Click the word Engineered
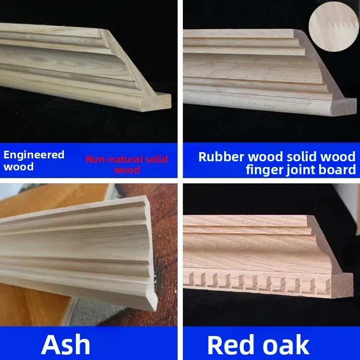tap(34, 155)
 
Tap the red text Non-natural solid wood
tap(127, 164)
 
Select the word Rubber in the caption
tap(221, 157)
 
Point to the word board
tap(337, 169)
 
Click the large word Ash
tap(66, 344)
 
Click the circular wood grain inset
tap(334, 26)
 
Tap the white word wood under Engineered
tap(18, 167)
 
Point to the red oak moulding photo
tap(271, 254)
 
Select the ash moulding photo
tap(89, 254)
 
